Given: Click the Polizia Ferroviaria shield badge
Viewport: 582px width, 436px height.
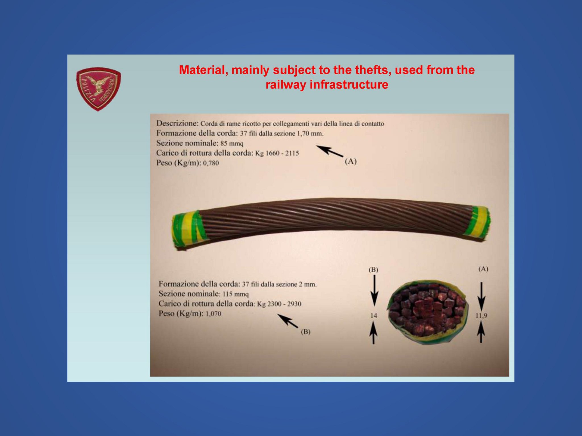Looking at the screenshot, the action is [x=98, y=89].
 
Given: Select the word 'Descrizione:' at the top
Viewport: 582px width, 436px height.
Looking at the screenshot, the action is [x=177, y=123].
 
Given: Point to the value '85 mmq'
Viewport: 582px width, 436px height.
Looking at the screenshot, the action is [x=232, y=143].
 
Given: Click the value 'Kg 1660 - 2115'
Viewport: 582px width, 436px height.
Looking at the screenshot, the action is [x=277, y=153].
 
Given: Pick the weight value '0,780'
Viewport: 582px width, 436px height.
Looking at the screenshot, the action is [x=211, y=163].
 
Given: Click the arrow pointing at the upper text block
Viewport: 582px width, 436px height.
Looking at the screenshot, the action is [x=330, y=151].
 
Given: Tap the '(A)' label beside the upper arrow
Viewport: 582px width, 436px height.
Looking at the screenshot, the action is [x=351, y=161].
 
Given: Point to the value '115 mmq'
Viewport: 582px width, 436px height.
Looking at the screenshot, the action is [x=236, y=294].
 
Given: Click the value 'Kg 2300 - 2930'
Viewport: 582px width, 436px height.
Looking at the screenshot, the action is [x=279, y=304].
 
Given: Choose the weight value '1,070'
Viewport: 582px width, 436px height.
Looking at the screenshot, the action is [x=213, y=314].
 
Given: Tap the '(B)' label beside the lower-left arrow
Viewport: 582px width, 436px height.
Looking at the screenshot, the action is [x=305, y=332].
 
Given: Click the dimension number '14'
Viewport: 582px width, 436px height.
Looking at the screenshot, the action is [x=374, y=315].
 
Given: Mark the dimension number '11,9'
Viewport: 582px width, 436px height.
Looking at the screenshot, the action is [x=481, y=315].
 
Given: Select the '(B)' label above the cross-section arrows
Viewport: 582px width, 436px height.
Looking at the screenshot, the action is [x=373, y=270].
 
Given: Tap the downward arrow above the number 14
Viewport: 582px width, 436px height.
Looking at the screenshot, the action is [x=374, y=291].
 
